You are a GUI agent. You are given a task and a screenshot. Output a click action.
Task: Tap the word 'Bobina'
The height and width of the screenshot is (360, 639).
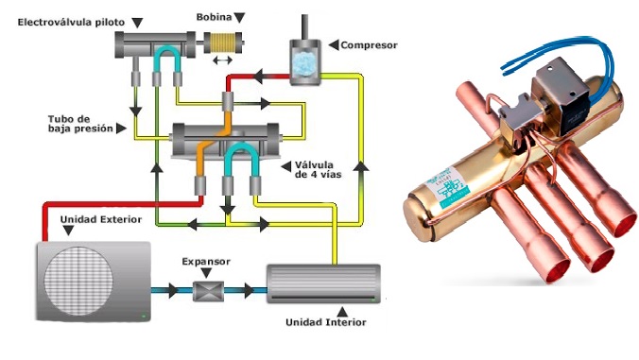pos(215,17)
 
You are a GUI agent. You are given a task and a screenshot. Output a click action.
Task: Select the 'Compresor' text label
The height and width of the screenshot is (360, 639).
pos(370,44)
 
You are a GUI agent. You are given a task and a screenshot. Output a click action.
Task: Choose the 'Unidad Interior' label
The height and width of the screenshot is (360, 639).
pos(323,322)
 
